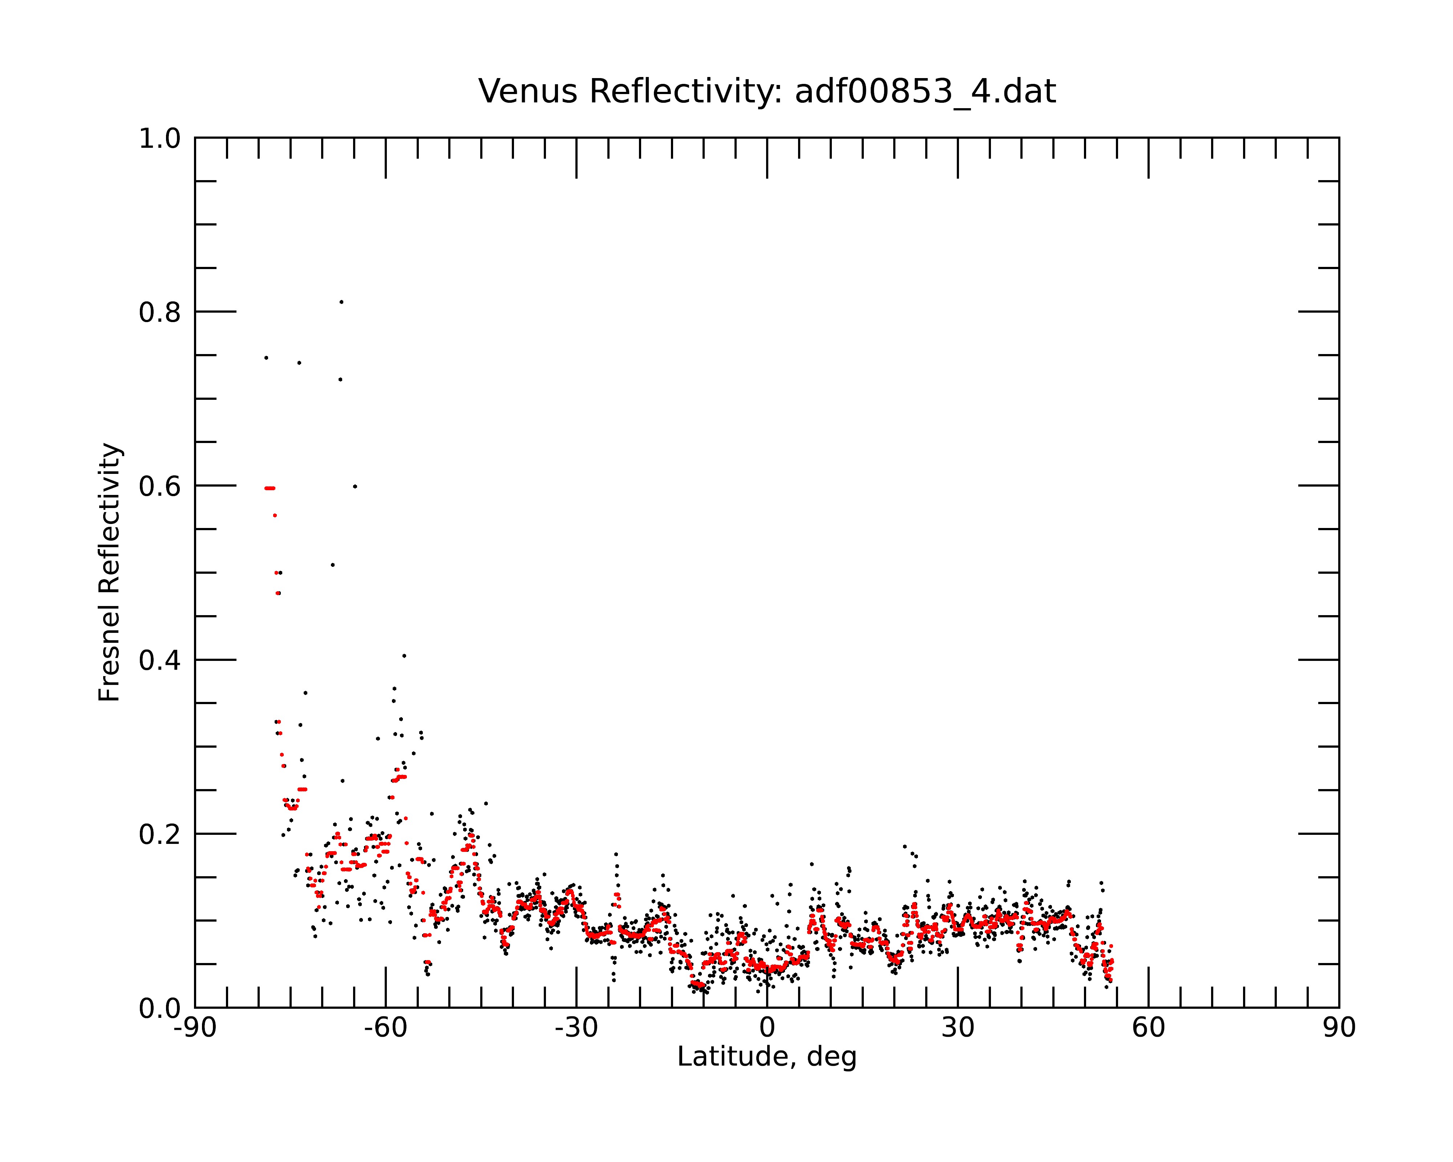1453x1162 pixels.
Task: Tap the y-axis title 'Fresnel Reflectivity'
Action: coord(109,573)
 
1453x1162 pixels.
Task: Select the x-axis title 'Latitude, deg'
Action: coord(767,1056)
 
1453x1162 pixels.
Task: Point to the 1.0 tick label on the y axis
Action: coord(160,139)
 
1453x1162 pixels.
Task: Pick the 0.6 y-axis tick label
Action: coord(160,486)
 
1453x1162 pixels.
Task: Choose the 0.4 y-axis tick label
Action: coord(160,660)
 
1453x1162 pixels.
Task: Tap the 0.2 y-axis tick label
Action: coord(160,834)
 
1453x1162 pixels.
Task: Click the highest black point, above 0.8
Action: coord(342,302)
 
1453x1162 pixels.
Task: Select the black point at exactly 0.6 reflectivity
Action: coord(355,486)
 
